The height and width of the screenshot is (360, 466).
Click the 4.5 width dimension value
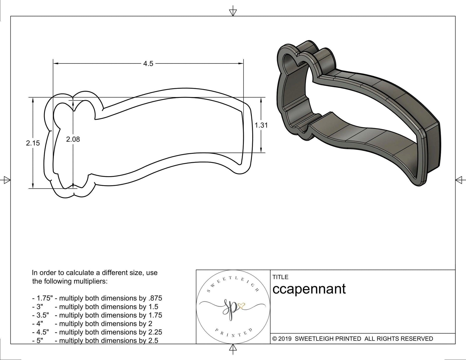(x=148, y=63)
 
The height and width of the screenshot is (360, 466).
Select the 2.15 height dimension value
(x=33, y=143)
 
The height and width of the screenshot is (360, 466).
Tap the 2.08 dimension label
(x=73, y=139)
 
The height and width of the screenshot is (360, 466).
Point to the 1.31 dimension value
(x=261, y=125)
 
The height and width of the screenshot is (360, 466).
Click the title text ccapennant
(x=309, y=289)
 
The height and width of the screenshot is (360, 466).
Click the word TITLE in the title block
(x=280, y=277)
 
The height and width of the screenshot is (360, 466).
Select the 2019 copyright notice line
(x=352, y=338)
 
